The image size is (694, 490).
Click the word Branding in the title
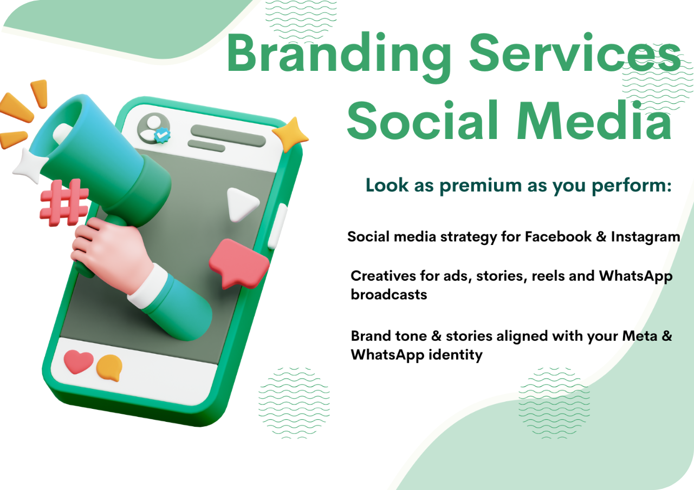pyautogui.click(x=339, y=57)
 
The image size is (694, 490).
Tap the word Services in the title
pyautogui.click(x=575, y=52)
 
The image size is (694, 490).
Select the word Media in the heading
pyautogui.click(x=594, y=120)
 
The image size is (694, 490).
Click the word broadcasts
pyautogui.click(x=389, y=294)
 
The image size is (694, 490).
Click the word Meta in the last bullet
pyautogui.click(x=639, y=336)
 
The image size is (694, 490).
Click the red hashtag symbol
pyautogui.click(x=64, y=203)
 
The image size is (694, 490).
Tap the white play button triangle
pyautogui.click(x=242, y=204)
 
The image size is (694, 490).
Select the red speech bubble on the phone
pyautogui.click(x=239, y=263)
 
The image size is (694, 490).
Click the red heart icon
pyautogui.click(x=78, y=361)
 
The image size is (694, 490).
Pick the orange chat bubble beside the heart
pyautogui.click(x=109, y=368)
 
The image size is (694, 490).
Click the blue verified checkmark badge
pyautogui.click(x=163, y=135)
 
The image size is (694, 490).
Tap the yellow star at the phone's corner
pyautogui.click(x=290, y=134)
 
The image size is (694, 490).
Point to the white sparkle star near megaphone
pyautogui.click(x=29, y=166)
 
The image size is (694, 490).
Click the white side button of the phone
pyautogui.click(x=277, y=226)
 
